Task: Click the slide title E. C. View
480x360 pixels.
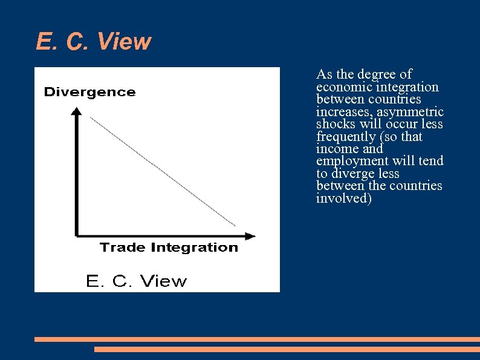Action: click(93, 42)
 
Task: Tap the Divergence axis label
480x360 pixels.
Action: click(89, 92)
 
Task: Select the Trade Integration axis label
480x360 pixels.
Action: click(169, 247)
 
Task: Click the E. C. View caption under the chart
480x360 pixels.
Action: click(137, 281)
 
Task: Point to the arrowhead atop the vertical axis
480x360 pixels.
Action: click(76, 111)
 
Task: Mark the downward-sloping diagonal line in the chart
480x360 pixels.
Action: click(162, 171)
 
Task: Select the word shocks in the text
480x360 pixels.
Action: click(334, 124)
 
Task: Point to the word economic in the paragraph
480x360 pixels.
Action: click(343, 87)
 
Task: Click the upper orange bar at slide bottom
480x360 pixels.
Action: click(257, 339)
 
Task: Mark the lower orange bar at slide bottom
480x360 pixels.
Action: click(287, 349)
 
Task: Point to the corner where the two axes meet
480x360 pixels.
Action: click(77, 235)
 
